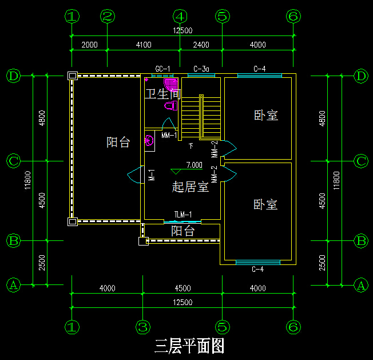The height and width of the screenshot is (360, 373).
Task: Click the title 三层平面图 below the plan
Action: pos(189,346)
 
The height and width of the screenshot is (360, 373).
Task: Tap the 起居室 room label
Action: pos(191,187)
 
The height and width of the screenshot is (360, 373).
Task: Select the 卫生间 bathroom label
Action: pos(162,94)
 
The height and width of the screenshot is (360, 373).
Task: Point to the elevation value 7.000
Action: pos(195,165)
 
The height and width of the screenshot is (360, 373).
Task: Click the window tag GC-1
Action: pos(163,69)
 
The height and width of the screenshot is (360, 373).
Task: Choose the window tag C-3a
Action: pos(201,69)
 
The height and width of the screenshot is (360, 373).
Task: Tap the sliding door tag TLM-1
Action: pos(183,215)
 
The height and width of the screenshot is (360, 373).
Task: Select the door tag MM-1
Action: pos(169,136)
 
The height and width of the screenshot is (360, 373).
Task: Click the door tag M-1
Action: pos(152,175)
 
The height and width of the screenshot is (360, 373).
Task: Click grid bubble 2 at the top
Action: pos(107,17)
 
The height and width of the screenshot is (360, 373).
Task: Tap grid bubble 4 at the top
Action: pos(180,17)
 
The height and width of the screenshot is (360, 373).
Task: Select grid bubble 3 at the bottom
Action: pos(143,327)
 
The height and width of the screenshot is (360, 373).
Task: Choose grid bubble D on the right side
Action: pos(360,76)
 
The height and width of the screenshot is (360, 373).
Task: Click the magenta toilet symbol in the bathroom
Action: pos(170,105)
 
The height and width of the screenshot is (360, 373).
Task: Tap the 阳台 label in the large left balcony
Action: pos(118,143)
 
